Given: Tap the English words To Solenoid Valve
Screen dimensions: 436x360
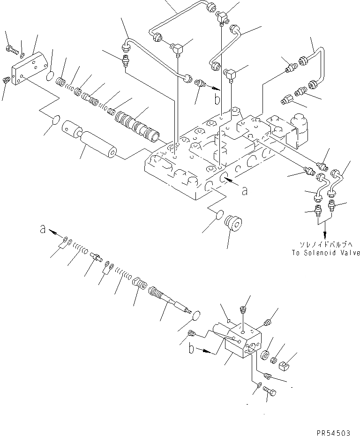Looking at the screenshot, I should tap(324, 253).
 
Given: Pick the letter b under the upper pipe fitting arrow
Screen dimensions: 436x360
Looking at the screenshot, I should tap(216, 99).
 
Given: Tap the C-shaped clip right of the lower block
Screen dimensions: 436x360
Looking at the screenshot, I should tap(285, 368).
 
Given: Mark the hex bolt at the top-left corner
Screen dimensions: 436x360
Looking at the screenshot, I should tap(11, 48).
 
